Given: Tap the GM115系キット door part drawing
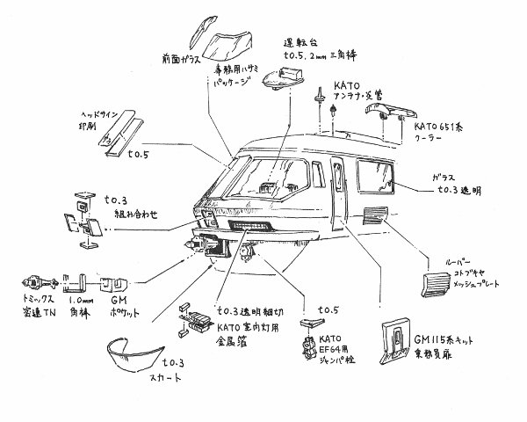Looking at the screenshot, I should [399, 342].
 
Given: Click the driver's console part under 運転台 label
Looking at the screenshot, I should [278, 80].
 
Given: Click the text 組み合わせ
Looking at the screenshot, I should [131, 213].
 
